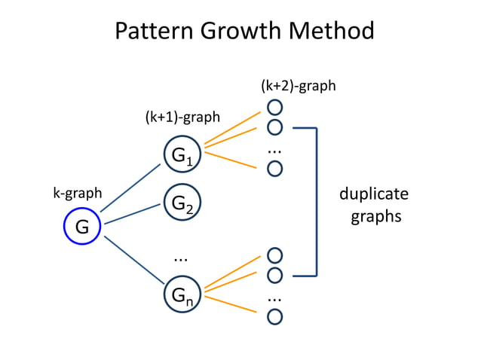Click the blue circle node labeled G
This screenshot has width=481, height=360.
point(82,226)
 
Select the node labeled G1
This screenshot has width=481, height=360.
point(182,155)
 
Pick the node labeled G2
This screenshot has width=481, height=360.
point(182,203)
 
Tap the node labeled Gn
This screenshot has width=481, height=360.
point(182,295)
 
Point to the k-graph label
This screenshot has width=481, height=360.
point(78,193)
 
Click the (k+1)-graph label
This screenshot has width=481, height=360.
point(182,117)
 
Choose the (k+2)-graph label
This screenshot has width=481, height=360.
point(299,86)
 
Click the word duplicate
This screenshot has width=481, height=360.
point(373,194)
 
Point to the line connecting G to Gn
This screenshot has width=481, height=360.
point(134,261)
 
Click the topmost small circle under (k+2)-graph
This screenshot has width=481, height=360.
point(275,108)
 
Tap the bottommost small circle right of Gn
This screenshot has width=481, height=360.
point(275,316)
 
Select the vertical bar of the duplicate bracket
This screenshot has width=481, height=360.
point(317,201)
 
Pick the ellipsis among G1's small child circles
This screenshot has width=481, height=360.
point(274,151)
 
